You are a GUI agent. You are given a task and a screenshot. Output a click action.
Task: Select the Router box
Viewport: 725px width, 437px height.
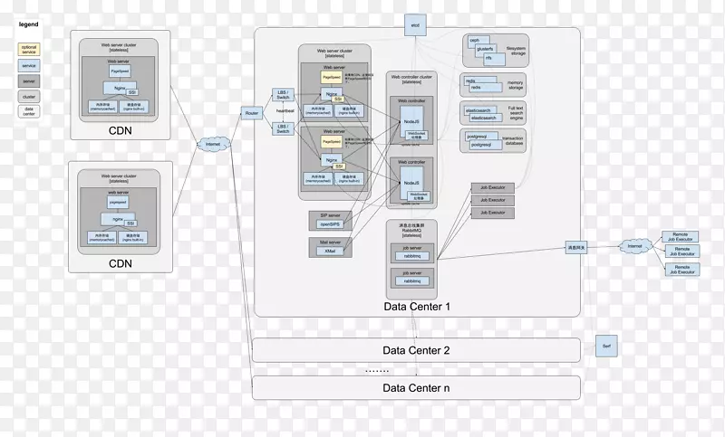pos(252,113)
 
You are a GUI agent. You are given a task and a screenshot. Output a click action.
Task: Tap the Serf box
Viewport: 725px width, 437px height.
pos(606,347)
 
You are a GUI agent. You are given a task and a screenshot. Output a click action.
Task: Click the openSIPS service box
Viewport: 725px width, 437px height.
pos(328,222)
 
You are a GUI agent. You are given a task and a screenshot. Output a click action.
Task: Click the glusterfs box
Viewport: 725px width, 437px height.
pos(481,49)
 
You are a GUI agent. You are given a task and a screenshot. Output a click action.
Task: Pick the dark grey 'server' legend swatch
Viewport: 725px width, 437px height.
pos(29,80)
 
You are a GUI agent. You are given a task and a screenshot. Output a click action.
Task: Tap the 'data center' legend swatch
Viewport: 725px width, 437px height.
pos(29,111)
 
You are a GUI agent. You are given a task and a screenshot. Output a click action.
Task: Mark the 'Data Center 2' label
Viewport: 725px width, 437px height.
pos(416,350)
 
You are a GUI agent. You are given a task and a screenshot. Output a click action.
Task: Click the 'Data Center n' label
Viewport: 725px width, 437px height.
pos(416,388)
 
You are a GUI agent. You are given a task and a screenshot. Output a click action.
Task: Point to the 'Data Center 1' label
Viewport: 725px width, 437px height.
pos(417,307)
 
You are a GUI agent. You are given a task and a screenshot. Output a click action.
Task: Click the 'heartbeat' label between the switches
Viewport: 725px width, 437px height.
pos(286,111)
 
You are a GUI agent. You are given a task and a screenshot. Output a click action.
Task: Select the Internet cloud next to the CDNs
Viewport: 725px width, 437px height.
pos(213,144)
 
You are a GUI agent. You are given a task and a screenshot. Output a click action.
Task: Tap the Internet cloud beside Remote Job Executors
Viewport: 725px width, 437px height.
pos(634,246)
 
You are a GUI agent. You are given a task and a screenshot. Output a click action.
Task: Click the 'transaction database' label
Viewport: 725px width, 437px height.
pos(516,142)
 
